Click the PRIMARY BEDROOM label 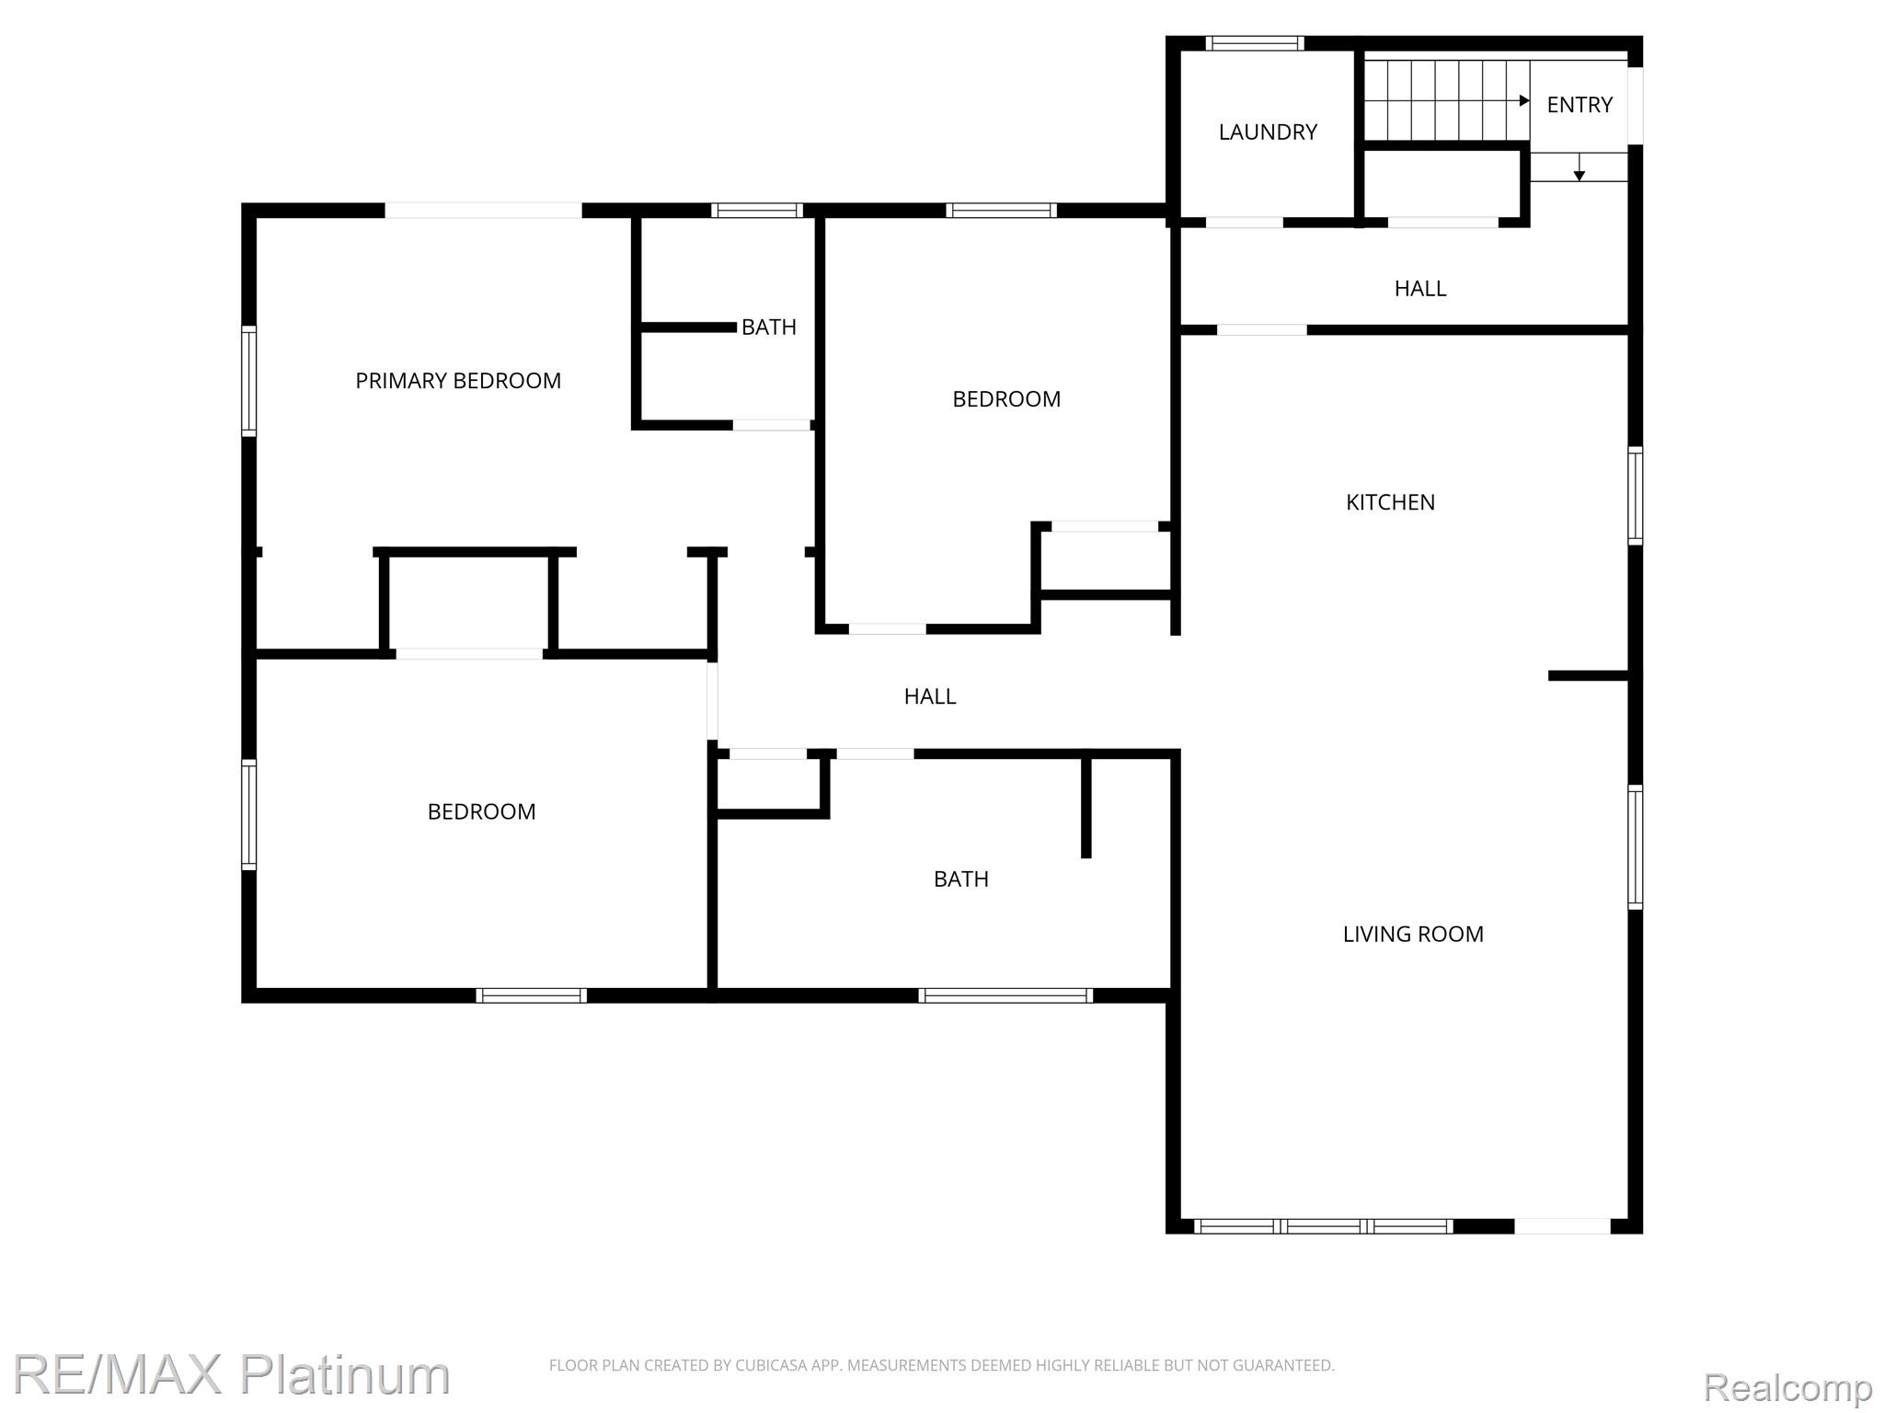point(458,381)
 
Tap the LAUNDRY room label point(1268,132)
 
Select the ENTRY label point(1580,105)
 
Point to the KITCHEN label point(1390,502)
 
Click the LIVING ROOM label point(1413,935)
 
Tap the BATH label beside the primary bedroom point(769,327)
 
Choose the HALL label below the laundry point(1420,289)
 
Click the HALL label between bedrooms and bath point(930,697)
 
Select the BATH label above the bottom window point(961,879)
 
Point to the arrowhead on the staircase point(1524,100)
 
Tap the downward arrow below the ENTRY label point(1580,167)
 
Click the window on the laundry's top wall point(1255,43)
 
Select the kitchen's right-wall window point(1635,496)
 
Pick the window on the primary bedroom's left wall point(248,380)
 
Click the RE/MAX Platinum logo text point(231,1374)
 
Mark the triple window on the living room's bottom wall point(1324,1226)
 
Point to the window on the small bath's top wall point(757,211)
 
